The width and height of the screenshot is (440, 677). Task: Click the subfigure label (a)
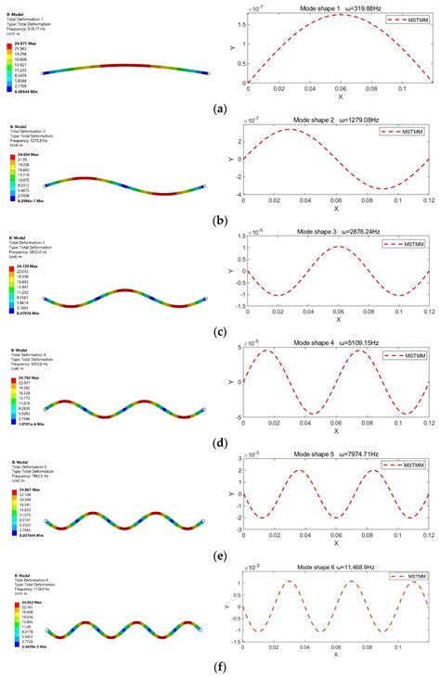[x=220, y=109]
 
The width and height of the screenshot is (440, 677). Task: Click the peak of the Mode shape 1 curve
[x=337, y=15]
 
